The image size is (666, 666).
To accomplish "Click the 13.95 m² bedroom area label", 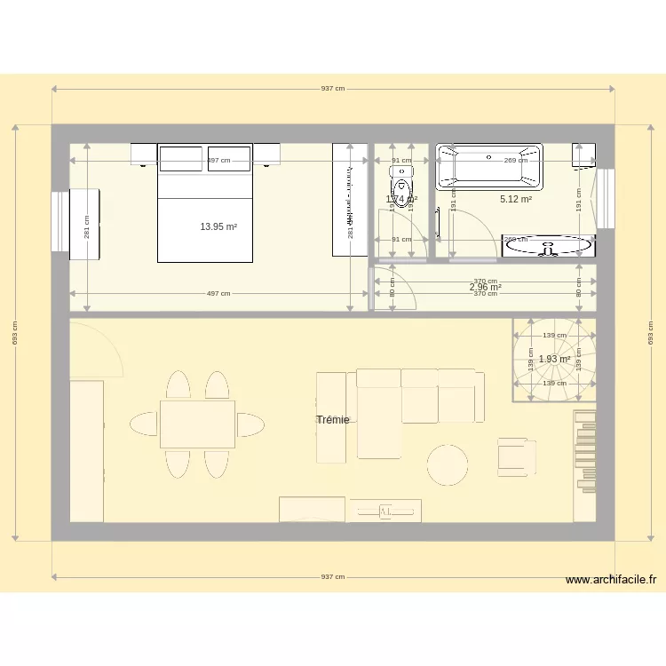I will point(218,227).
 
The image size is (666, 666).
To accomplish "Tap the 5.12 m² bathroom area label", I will point(515,200).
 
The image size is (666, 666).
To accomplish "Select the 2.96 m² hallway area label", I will point(485,288).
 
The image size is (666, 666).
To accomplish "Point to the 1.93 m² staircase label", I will point(554,360).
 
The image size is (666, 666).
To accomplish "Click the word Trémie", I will point(332,420).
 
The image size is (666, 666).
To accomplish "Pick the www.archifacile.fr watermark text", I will point(611,580).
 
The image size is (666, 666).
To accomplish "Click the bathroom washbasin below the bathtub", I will point(548,245).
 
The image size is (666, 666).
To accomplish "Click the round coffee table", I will point(448,464).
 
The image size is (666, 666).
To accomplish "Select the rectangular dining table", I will point(197,424).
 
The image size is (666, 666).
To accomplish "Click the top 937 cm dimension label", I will point(333,89).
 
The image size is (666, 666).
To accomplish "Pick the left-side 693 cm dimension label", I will point(14,333).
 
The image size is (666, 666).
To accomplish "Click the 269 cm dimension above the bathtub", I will point(515,161).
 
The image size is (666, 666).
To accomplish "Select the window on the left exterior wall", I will point(60,222).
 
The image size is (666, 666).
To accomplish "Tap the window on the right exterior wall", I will point(606,198).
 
